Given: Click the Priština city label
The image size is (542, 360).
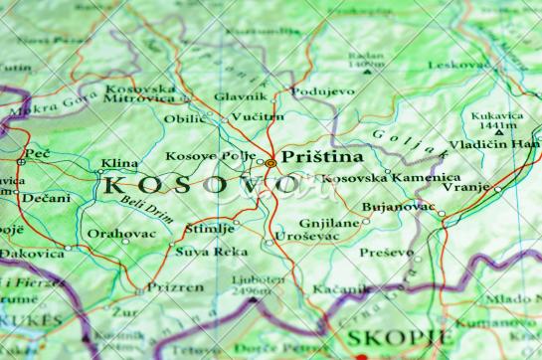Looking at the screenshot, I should pyautogui.click(x=322, y=157).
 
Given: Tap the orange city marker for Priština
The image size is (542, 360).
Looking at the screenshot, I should pyautogui.click(x=271, y=162).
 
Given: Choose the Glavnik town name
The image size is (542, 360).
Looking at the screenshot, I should pyautogui.click(x=240, y=96).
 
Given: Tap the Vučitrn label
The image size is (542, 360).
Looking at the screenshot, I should pyautogui.click(x=258, y=116).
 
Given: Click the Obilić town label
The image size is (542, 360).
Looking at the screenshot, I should pyautogui.click(x=186, y=119).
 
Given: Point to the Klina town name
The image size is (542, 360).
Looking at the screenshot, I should pyautogui.click(x=119, y=162).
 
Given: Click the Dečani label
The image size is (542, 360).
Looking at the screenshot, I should pyautogui.click(x=46, y=198).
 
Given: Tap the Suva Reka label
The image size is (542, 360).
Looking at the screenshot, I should pyautogui.click(x=212, y=252).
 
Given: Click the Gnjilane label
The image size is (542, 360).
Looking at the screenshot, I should pyautogui.click(x=328, y=224).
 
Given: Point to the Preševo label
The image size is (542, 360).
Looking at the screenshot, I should pyautogui.click(x=386, y=252).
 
